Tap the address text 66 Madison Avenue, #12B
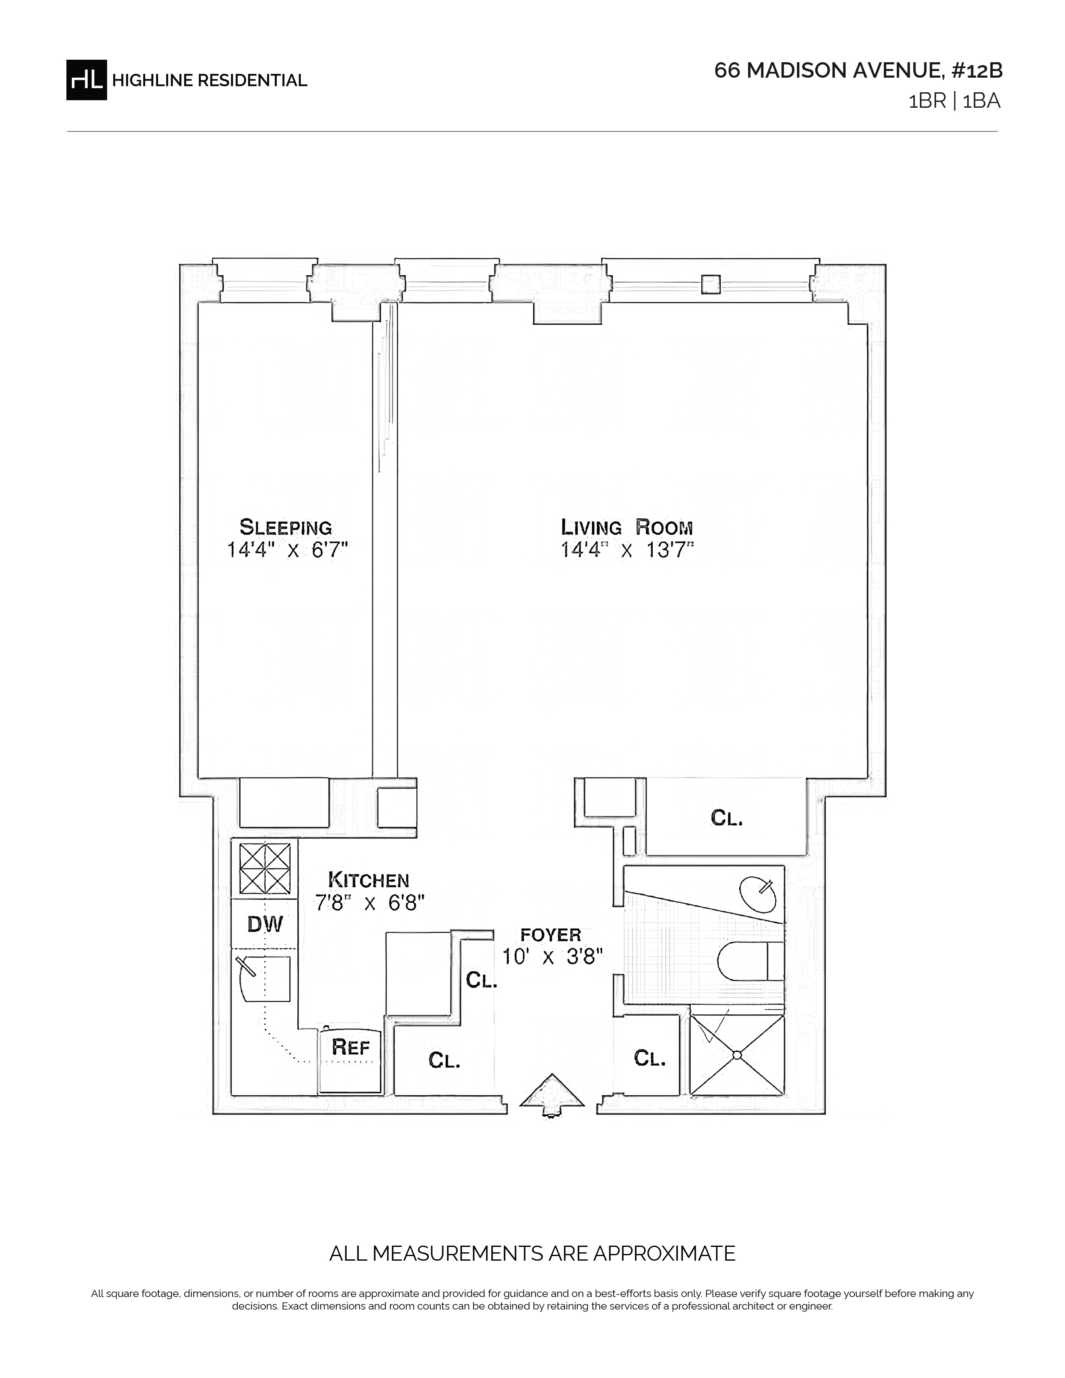(858, 71)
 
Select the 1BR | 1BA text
(954, 101)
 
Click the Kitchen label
(368, 879)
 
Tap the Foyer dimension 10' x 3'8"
(553, 957)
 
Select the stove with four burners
(264, 869)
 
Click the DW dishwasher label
(265, 925)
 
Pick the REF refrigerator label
(351, 1047)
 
